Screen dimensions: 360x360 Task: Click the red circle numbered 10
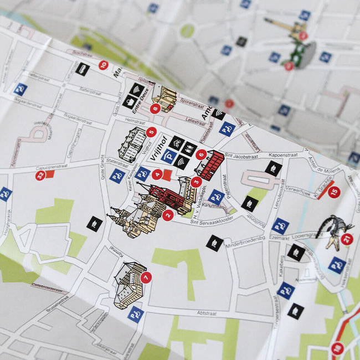click(103, 65)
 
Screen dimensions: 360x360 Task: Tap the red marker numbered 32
click(40, 176)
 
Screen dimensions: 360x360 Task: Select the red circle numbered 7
click(146, 277)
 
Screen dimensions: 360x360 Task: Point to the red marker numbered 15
click(333, 192)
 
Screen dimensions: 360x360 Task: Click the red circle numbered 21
click(347, 239)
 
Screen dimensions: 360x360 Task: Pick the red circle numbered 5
click(151, 132)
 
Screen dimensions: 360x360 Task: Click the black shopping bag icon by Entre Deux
click(131, 102)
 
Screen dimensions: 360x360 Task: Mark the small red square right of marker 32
click(50, 174)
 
